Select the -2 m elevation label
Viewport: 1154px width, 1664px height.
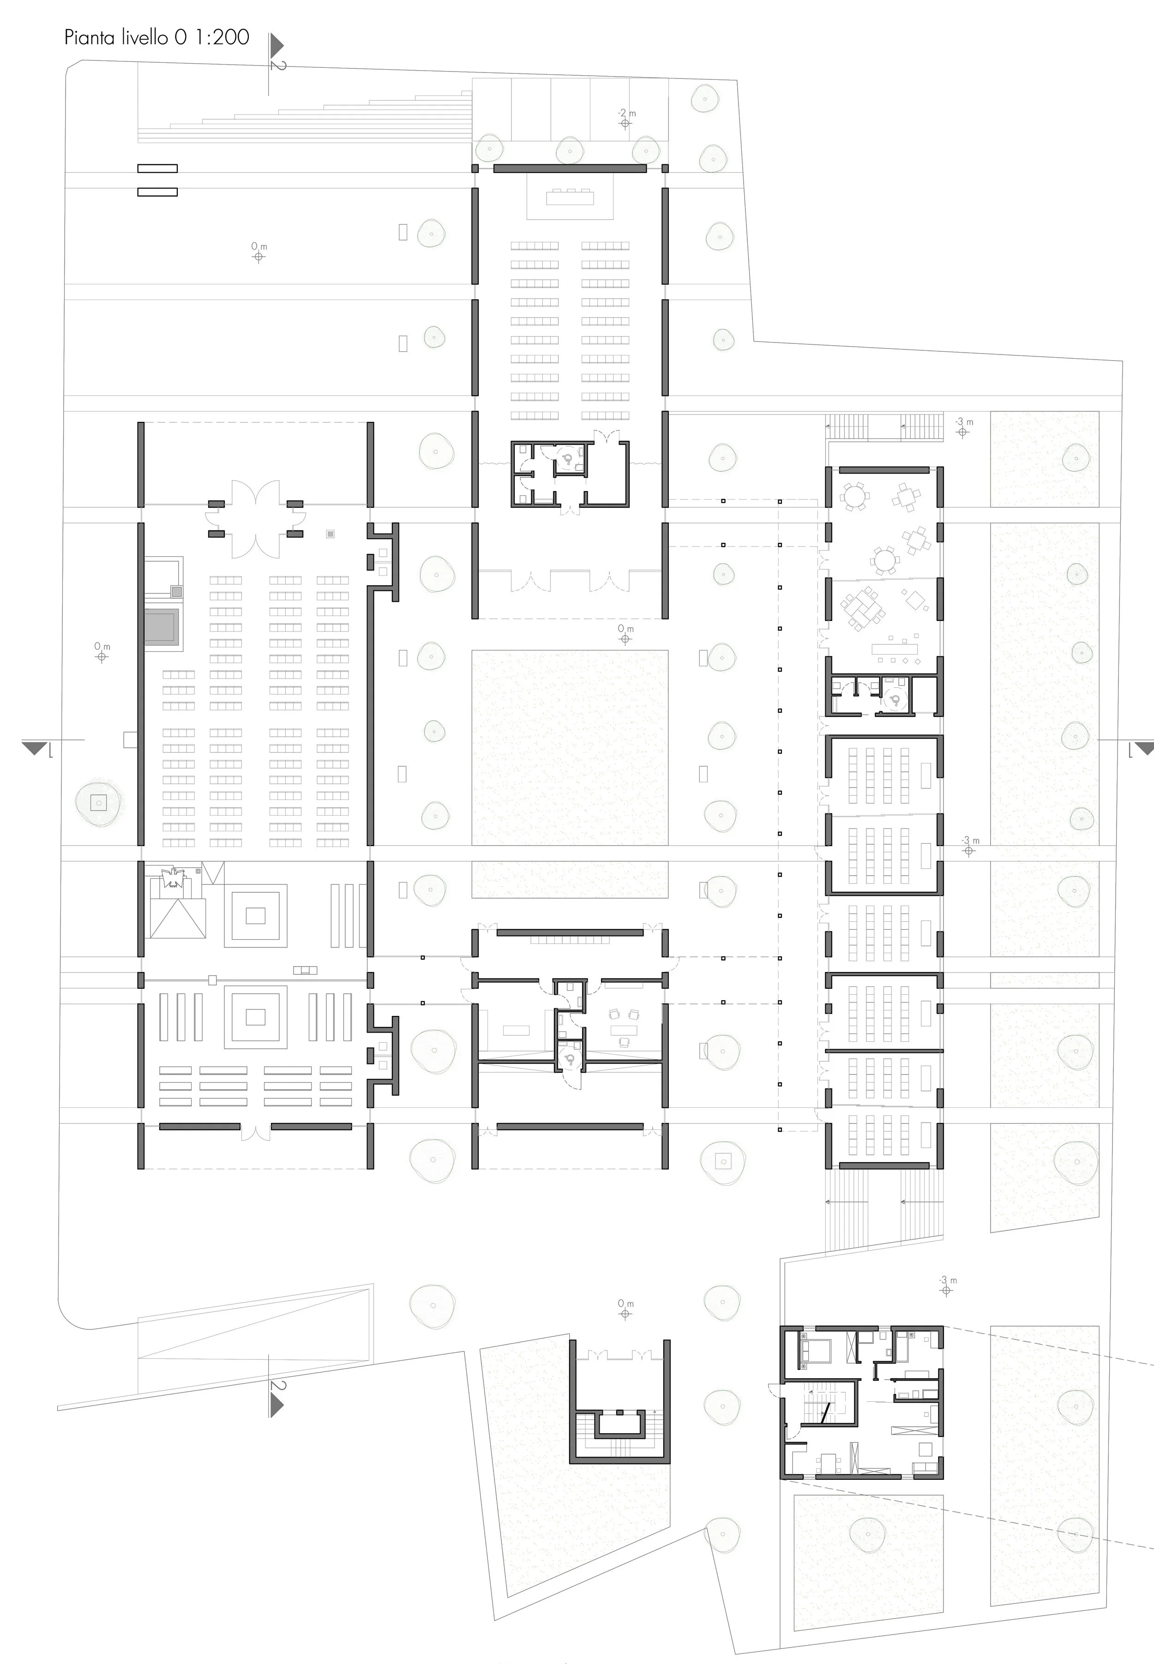[626, 114]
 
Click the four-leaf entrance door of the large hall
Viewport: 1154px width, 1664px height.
[255, 518]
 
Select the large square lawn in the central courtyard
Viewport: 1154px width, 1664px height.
[569, 747]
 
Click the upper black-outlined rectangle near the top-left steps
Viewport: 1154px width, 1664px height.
[157, 168]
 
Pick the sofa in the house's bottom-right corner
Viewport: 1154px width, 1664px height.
[924, 1466]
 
